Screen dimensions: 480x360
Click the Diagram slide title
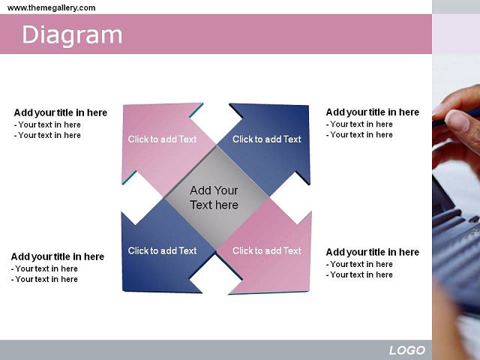[72, 35]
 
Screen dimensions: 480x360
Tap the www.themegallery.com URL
[52, 7]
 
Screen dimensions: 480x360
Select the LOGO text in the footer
[407, 350]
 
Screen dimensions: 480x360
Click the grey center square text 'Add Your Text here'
[214, 198]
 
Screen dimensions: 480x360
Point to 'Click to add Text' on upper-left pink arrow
[162, 139]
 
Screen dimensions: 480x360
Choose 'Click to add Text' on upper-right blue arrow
[267, 139]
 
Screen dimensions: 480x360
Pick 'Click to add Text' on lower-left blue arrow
[162, 250]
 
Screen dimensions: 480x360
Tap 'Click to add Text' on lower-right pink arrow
[267, 250]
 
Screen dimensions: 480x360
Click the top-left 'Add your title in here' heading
[61, 112]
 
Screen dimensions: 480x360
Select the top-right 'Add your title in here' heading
[373, 112]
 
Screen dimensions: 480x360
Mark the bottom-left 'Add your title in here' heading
[58, 256]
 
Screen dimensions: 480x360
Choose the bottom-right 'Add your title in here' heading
[373, 252]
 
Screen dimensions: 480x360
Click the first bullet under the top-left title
[47, 125]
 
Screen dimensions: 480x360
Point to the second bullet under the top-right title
[359, 135]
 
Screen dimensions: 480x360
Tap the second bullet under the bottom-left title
[44, 279]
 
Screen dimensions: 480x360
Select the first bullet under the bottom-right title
[359, 264]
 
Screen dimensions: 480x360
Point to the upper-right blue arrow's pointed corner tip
[308, 106]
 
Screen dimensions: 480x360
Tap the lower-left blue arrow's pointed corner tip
[123, 290]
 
